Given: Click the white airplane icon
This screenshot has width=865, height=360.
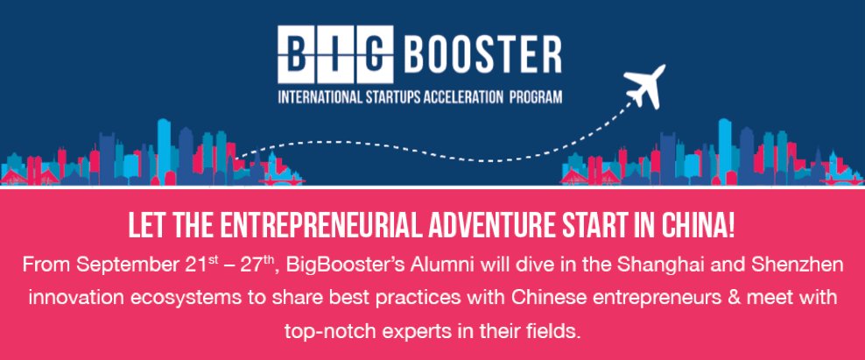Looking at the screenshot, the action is coord(644,86).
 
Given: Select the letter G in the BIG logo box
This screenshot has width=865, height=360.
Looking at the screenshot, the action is coord(374,54).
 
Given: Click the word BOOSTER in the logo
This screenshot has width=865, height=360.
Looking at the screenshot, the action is coord(482,54).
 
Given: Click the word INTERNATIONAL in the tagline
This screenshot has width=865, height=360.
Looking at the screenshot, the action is coord(320,98).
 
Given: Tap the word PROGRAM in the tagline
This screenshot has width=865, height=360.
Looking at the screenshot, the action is coord(536,98).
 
